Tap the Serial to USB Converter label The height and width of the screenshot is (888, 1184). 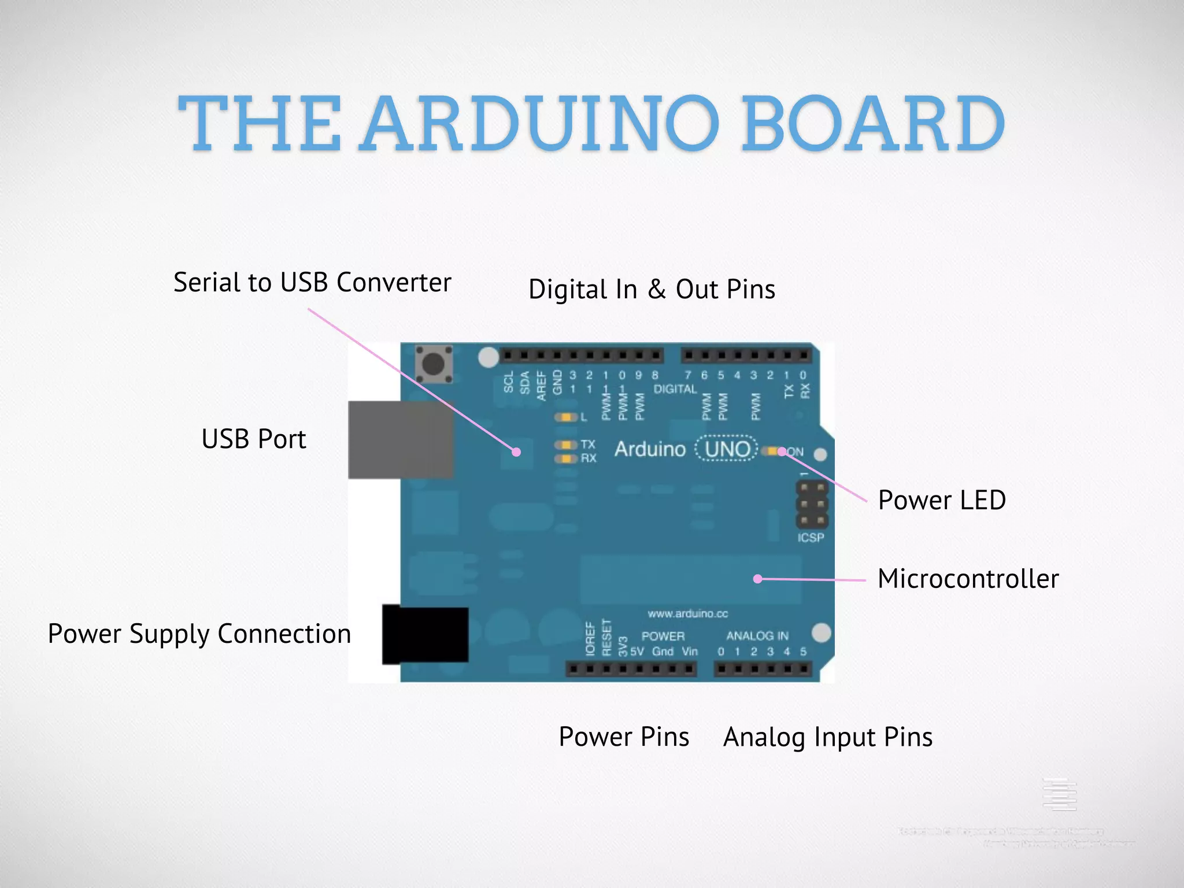312,283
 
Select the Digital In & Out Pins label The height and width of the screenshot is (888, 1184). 652,290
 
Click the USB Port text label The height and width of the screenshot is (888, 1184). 253,439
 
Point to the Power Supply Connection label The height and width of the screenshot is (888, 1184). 199,634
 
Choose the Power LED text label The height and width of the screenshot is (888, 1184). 942,501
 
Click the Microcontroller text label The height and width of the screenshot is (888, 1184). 968,579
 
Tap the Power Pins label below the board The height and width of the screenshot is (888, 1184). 624,737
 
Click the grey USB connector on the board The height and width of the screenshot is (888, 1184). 400,440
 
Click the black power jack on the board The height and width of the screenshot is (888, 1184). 425,634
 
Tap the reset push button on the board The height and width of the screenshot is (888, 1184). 434,364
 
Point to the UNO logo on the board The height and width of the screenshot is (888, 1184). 727,449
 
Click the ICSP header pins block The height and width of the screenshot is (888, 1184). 812,505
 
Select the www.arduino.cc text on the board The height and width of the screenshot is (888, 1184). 687,613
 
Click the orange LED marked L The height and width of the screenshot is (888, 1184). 567,417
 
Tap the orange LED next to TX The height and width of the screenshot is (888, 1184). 566,445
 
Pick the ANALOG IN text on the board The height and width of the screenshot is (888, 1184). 757,636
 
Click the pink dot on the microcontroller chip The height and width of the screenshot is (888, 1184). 757,579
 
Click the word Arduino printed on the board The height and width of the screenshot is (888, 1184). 650,449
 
